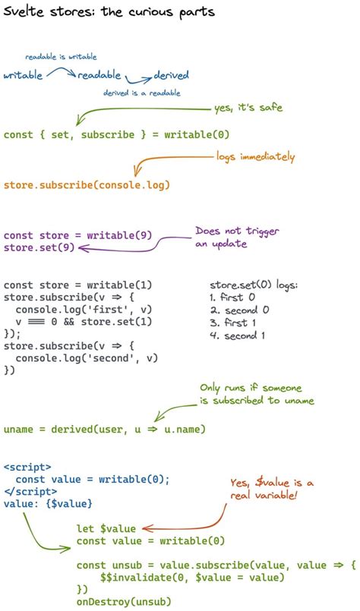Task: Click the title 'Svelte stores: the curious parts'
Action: click(109, 11)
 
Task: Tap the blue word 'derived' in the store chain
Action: click(171, 74)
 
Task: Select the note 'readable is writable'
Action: click(61, 56)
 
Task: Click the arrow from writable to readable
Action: click(62, 71)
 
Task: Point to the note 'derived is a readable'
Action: click(141, 93)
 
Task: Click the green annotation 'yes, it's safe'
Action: click(248, 107)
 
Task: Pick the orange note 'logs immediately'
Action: click(255, 156)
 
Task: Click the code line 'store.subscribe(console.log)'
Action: click(87, 184)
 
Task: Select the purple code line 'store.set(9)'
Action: click(39, 247)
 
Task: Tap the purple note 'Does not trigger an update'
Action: click(237, 238)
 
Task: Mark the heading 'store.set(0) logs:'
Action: click(254, 285)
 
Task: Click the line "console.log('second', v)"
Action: click(87, 357)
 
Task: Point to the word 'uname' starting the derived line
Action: click(18, 430)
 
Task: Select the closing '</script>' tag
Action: click(30, 491)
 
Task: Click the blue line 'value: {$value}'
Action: click(48, 503)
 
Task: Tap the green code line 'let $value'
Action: click(106, 528)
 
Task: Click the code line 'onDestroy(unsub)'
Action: click(124, 602)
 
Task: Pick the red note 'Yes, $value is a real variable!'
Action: click(271, 489)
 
